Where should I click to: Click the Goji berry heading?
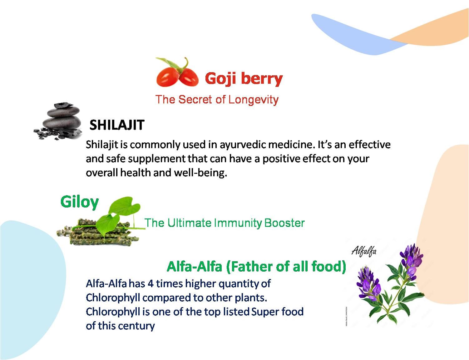coord(244,79)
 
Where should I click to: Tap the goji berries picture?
coord(177,72)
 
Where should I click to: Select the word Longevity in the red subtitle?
coord(253,100)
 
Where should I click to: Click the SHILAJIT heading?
coord(117,125)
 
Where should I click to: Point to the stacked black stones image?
coord(58,121)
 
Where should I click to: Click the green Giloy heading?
coord(79,202)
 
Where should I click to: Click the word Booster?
coord(284,223)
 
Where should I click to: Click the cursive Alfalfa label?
coord(364,252)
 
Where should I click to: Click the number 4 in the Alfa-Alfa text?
coord(151,284)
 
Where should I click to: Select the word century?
coord(136,326)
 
